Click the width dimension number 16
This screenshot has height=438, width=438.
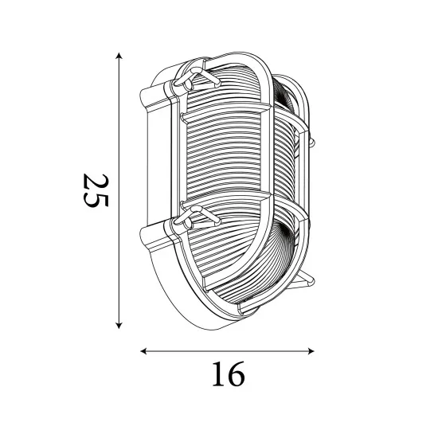click(228, 373)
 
